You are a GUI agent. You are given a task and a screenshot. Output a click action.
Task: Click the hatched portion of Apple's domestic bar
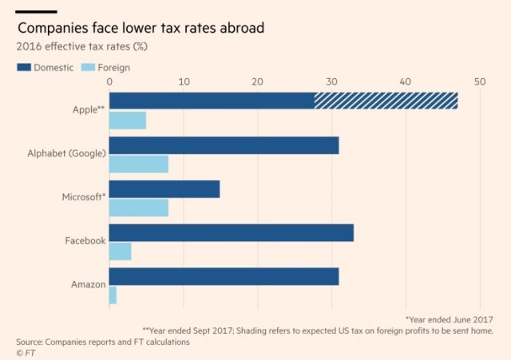pos(386,101)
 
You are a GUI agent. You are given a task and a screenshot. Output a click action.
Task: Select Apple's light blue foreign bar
pos(127,120)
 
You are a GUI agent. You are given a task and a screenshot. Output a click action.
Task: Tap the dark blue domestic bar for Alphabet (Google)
pos(224,145)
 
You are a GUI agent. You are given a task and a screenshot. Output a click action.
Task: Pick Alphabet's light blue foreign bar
pos(138,164)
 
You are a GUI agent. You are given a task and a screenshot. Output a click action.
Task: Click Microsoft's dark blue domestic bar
pos(164,189)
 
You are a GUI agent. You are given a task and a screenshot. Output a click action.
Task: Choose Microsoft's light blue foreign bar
pos(138,208)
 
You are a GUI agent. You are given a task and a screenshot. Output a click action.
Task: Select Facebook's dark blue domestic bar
pos(231,233)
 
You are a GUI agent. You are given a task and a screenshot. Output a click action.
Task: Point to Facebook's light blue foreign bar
pos(120,251)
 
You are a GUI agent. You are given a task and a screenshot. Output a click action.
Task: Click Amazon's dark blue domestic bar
pos(224,277)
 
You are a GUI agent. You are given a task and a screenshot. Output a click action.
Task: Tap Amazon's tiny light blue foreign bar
pos(113,295)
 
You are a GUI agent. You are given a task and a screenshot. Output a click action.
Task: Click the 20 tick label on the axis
pos(257,81)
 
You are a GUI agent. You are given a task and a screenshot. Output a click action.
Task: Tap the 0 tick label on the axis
pos(109,81)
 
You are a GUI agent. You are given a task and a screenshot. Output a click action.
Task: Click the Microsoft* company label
pos(84,196)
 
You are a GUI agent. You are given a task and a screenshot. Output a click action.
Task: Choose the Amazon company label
pos(86,284)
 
